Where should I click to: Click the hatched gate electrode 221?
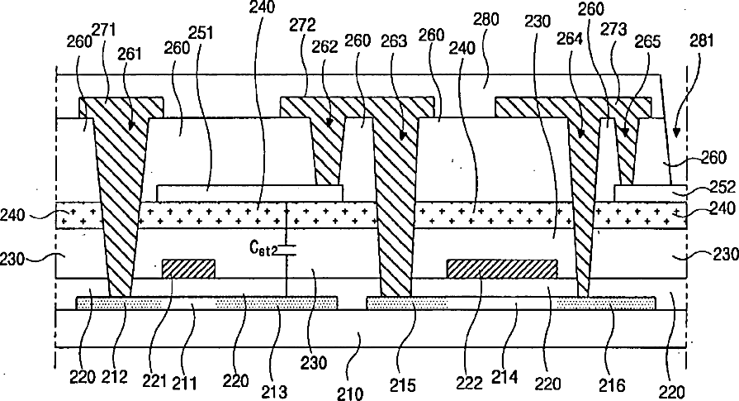[188, 269]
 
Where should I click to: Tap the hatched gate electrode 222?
[501, 269]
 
